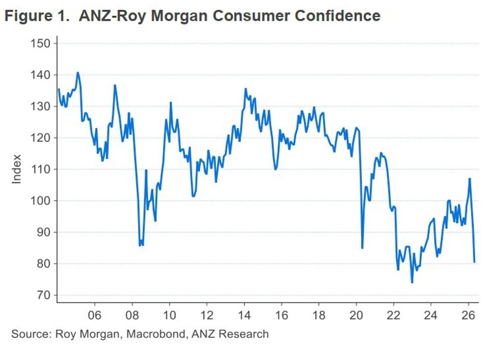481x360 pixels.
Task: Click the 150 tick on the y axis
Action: tap(40, 43)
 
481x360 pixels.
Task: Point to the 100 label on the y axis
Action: tap(40, 201)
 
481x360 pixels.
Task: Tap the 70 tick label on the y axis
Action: tap(43, 295)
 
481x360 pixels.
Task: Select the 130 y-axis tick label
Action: tap(40, 107)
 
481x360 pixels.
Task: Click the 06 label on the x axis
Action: tap(95, 315)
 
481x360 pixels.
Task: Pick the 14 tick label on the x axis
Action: tap(244, 315)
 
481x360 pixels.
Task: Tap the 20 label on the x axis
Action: tap(356, 315)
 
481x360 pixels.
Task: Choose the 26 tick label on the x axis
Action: tap(469, 315)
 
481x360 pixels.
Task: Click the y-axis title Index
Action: tap(17, 169)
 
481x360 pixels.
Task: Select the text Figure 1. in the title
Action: tap(37, 16)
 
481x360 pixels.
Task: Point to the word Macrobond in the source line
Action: tap(156, 334)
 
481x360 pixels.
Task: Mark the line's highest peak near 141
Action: tap(77, 72)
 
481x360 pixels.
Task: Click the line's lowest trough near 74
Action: tap(412, 282)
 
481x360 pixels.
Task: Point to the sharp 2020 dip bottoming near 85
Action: tap(362, 248)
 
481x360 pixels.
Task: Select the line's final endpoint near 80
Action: tap(474, 262)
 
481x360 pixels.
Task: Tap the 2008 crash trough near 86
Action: tap(140, 245)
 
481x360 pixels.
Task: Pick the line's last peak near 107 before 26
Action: tap(470, 179)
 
